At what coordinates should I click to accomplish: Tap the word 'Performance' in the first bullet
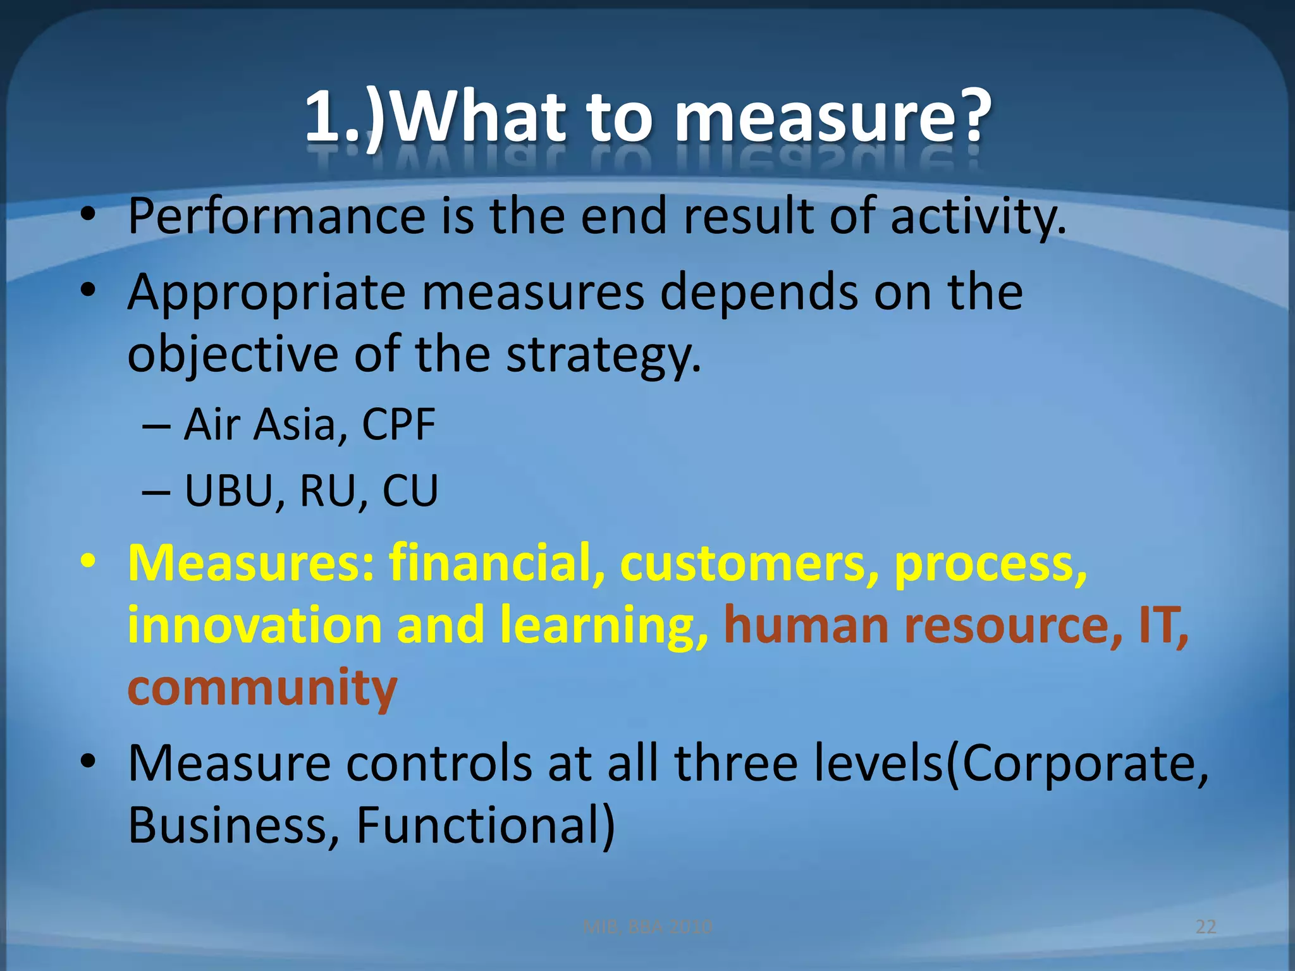tap(276, 217)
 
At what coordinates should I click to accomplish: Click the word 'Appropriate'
tap(266, 294)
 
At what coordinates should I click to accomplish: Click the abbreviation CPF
tap(398, 424)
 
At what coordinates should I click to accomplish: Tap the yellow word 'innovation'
tap(255, 625)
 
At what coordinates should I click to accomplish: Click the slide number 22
tap(1206, 927)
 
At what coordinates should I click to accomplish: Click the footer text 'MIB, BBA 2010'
tap(647, 927)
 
